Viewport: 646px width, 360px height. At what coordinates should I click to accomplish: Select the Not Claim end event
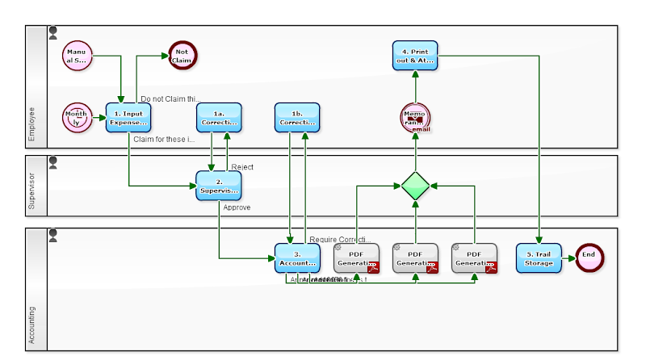182,55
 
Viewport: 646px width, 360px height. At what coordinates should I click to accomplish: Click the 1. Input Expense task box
128,118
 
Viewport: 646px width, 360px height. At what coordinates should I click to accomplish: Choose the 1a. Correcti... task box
220,118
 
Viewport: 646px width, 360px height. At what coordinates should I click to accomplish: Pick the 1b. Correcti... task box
297,118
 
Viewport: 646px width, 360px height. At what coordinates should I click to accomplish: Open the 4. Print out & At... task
416,55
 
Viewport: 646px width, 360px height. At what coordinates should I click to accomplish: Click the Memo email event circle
416,118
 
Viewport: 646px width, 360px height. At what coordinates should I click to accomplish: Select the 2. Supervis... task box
219,186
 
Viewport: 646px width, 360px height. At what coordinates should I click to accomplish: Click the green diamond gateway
416,186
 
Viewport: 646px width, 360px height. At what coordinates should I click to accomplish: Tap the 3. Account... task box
297,257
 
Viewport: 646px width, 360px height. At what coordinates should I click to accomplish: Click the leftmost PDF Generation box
356,257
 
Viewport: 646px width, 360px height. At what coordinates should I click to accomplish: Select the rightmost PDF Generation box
474,257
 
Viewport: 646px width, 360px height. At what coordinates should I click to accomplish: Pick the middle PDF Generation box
416,257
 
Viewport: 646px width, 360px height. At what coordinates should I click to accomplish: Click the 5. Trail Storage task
539,257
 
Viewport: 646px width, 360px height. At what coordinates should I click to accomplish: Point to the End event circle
589,256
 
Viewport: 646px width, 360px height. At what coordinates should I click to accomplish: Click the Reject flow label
242,167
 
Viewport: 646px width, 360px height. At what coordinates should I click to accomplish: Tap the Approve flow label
237,207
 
